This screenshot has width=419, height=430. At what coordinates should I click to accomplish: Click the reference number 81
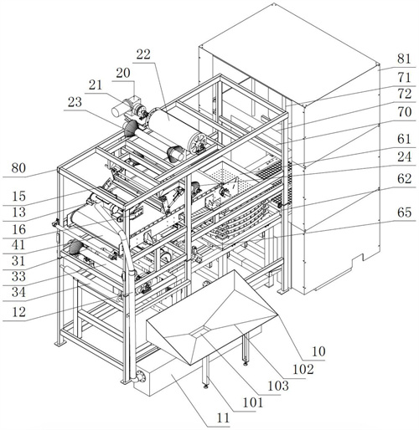click(x=404, y=59)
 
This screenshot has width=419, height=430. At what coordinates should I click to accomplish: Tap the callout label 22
click(x=143, y=54)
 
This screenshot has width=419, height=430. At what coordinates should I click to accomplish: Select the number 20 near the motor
click(x=123, y=73)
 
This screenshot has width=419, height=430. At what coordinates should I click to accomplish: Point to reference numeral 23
click(x=75, y=102)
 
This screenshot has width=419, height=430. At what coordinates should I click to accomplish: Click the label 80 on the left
click(x=18, y=168)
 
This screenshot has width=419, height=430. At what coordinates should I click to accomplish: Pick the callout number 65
click(x=404, y=212)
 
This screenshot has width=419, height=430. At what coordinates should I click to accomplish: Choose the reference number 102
click(x=303, y=370)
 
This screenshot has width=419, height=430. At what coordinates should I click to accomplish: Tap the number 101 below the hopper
click(x=253, y=402)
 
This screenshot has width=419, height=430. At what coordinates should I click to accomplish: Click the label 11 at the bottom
click(x=223, y=418)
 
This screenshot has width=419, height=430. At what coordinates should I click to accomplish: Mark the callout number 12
click(x=18, y=312)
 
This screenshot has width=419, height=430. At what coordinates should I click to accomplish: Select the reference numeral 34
click(x=18, y=292)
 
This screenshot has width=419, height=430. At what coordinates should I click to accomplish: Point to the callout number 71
click(x=404, y=78)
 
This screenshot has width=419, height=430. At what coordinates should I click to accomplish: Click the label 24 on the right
click(x=404, y=157)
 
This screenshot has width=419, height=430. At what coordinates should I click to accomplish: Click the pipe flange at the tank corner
click(x=139, y=376)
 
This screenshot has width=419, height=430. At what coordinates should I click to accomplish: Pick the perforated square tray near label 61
click(x=230, y=177)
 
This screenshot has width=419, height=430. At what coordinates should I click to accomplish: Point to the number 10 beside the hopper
click(x=318, y=351)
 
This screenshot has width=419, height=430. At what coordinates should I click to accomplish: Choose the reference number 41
click(x=18, y=245)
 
